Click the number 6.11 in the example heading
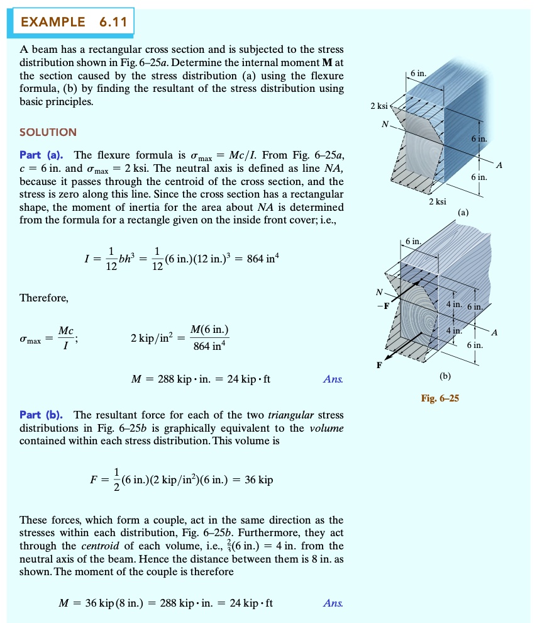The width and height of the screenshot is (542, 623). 113,23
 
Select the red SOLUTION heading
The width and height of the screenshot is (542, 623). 48,132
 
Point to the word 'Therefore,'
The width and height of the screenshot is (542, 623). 43,298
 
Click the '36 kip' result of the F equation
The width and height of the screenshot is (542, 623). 258,480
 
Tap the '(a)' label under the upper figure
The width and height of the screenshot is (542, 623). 463,213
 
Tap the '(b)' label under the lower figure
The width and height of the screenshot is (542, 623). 446,376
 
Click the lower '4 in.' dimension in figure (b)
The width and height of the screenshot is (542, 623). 453,330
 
